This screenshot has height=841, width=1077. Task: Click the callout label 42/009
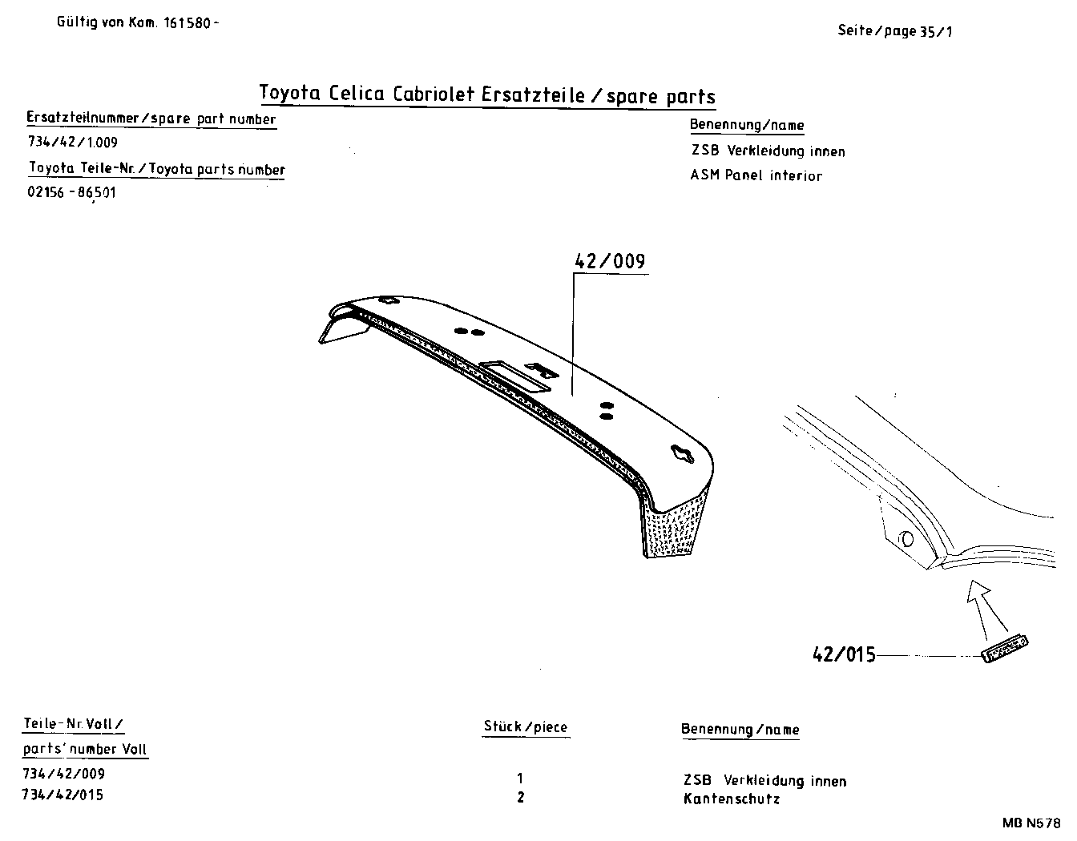[x=610, y=262]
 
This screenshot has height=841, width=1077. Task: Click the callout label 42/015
[x=844, y=654]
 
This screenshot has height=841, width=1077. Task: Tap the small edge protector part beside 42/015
[x=1005, y=648]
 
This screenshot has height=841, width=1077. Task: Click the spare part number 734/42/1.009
[x=73, y=143]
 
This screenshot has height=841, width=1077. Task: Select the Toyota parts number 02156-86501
[x=73, y=193]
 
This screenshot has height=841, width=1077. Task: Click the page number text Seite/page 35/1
[x=894, y=31]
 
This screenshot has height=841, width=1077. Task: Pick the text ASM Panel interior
[x=756, y=175]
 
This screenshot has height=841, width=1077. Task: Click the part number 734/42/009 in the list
[x=64, y=774]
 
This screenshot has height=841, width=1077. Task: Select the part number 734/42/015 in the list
[x=64, y=795]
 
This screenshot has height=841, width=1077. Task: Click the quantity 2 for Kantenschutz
[x=521, y=797]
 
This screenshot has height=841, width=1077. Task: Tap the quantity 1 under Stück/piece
[x=521, y=777]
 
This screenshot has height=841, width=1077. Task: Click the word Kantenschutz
[x=731, y=799]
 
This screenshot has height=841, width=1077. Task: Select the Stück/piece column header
[x=525, y=727]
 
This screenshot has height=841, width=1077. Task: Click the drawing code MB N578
[x=1030, y=823]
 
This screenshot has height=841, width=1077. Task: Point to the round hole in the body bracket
[x=906, y=538]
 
